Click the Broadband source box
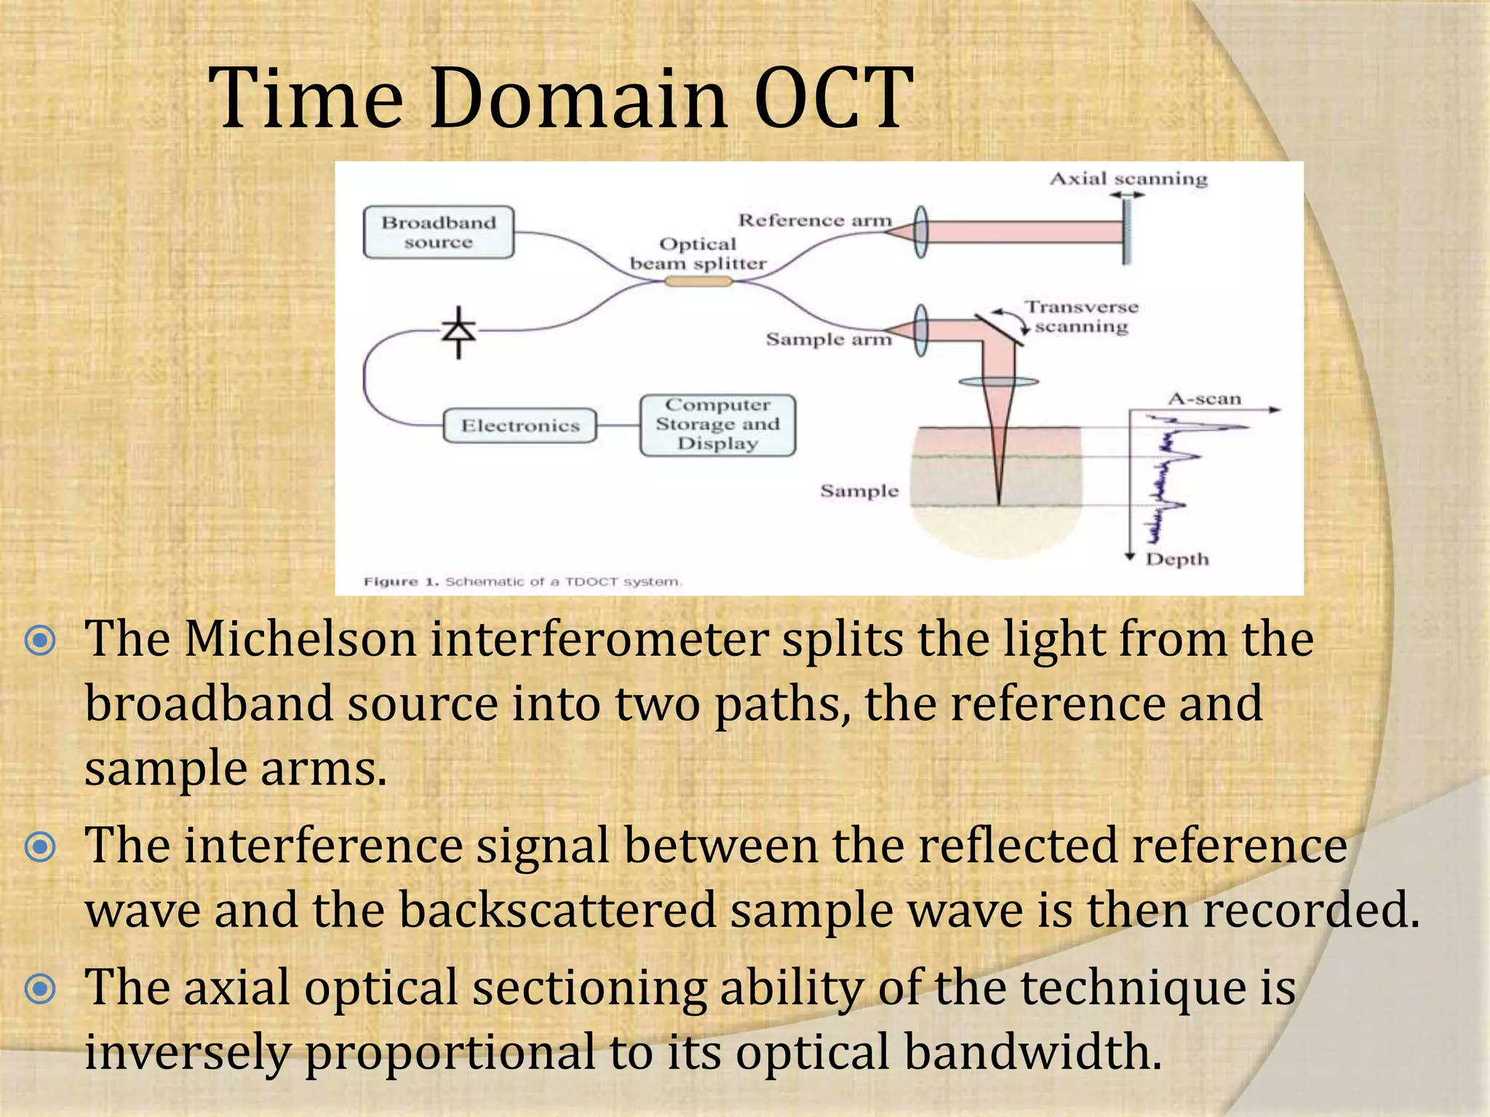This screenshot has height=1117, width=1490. [438, 232]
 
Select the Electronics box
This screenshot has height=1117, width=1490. [519, 425]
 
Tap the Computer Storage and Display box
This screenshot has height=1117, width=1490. [717, 425]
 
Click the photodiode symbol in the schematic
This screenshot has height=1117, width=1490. [458, 332]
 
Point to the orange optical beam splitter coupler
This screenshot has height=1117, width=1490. [698, 281]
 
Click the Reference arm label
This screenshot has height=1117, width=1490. [814, 220]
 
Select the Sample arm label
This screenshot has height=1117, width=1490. [828, 340]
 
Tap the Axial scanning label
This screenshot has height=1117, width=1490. [1128, 179]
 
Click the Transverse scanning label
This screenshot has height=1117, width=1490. [1081, 317]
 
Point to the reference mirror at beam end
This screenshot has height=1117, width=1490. [1126, 232]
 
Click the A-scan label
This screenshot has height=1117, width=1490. [1204, 399]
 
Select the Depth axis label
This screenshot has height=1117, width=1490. [1176, 559]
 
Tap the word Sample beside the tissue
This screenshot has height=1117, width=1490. [859, 491]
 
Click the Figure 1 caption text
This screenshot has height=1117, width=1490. [522, 582]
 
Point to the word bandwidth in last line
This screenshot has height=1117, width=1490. [1032, 1052]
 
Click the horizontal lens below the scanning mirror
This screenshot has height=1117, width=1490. [998, 381]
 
